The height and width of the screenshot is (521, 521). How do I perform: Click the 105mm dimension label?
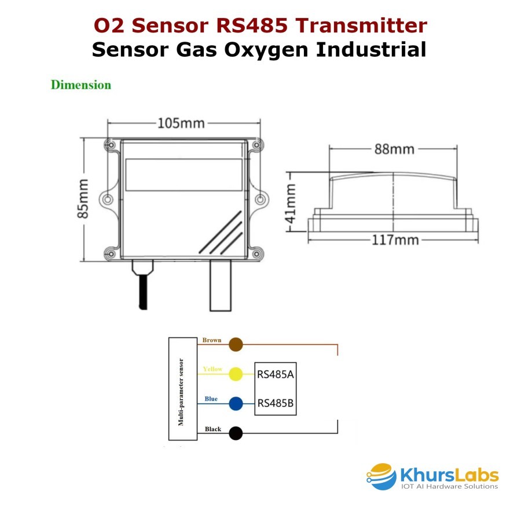(181, 123)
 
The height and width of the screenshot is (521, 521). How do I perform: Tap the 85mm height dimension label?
(83, 199)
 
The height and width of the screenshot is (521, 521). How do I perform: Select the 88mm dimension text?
(394, 149)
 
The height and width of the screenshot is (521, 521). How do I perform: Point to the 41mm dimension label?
(291, 204)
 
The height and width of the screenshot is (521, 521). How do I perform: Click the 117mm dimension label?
(395, 240)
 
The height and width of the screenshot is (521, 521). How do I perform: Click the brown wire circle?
(236, 344)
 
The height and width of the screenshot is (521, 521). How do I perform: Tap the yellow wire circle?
(236, 374)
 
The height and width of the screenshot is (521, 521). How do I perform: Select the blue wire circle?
(236, 403)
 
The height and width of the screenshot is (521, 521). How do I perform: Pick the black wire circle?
(236, 433)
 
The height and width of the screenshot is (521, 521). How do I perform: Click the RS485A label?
(276, 375)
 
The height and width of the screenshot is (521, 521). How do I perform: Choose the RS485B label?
(276, 403)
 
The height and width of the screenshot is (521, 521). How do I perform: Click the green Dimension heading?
(80, 85)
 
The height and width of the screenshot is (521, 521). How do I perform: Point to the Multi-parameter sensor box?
(183, 389)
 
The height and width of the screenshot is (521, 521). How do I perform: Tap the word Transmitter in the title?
(361, 25)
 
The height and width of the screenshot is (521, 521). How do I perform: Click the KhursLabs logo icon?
(381, 476)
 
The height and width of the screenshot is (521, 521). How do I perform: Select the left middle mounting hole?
(108, 199)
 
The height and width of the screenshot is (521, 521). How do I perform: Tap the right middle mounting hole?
(260, 199)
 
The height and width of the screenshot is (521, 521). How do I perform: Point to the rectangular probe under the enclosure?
(221, 286)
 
